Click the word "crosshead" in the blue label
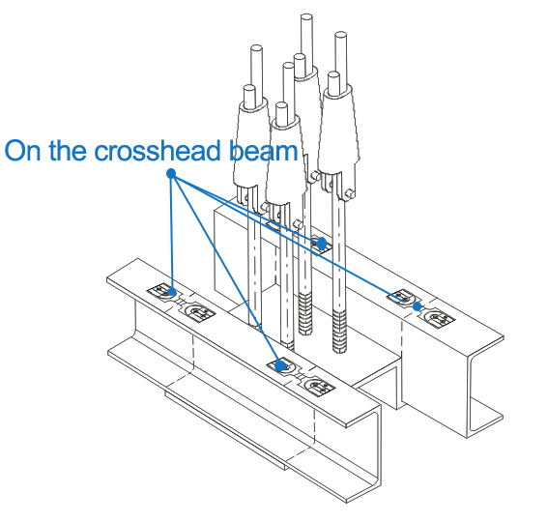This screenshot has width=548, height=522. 158,151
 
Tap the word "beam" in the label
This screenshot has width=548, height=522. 264,151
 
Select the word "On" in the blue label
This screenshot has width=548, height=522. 23,151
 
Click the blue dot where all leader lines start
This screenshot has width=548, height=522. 171,173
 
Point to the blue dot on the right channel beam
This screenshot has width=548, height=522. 417,306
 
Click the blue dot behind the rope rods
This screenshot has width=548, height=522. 322,244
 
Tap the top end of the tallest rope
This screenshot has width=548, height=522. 306,16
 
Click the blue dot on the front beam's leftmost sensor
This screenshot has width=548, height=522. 171,292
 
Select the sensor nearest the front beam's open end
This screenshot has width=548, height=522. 319,387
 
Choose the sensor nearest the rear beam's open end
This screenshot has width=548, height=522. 439,318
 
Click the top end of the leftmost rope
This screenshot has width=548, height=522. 257,48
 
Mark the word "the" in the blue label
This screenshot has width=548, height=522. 68,151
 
